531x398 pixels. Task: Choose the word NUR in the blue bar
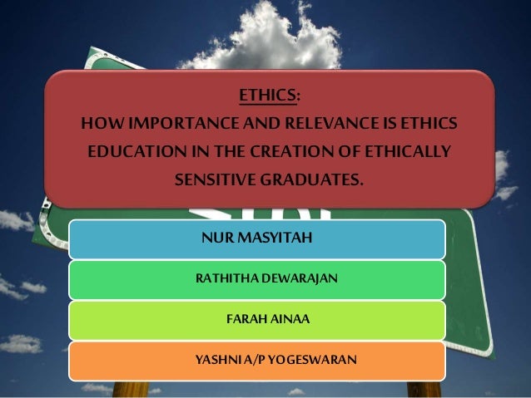click(x=215, y=239)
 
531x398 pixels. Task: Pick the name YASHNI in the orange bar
click(x=213, y=360)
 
